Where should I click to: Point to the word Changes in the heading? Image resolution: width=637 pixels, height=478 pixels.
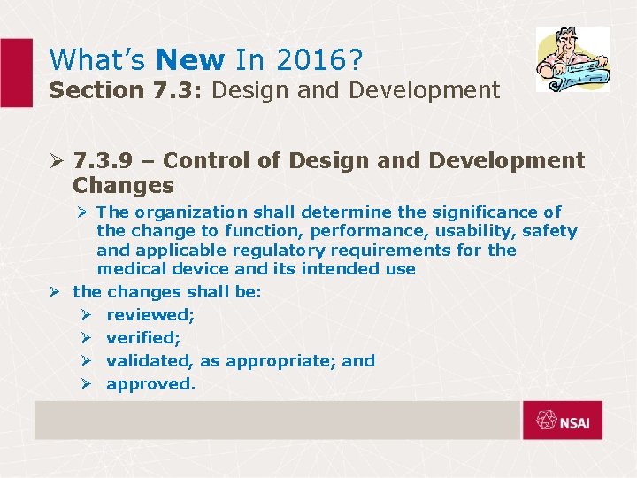(x=123, y=185)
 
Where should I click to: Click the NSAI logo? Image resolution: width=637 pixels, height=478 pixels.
(x=562, y=420)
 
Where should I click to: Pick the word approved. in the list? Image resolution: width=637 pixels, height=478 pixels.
(x=150, y=384)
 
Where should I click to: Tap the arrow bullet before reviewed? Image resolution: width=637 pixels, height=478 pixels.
(x=86, y=315)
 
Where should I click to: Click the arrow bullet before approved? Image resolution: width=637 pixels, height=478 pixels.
(x=86, y=384)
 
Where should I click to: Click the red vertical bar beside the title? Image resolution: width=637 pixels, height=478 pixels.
(x=16, y=73)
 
